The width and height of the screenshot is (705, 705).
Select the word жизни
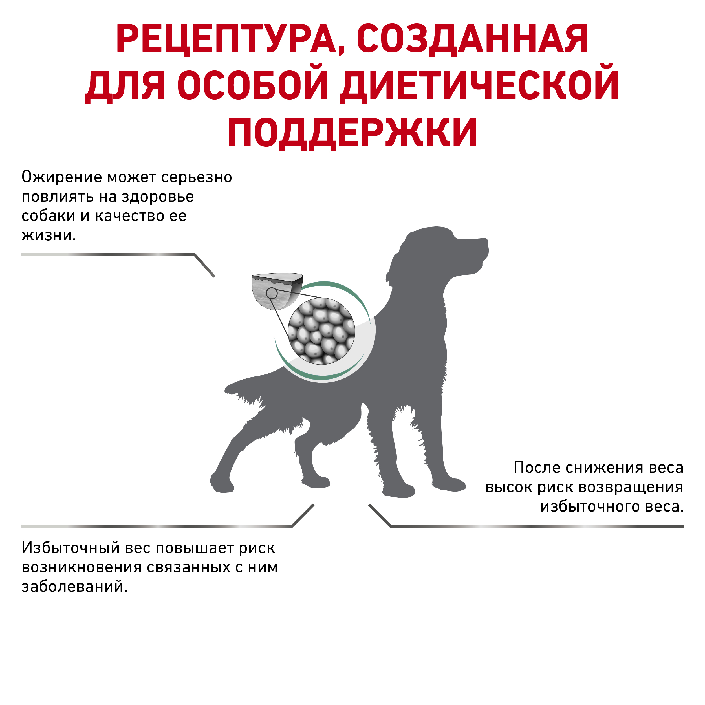coord(49,235)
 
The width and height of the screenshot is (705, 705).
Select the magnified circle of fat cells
coord(321,331)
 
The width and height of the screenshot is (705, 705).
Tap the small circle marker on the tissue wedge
coord(272,293)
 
